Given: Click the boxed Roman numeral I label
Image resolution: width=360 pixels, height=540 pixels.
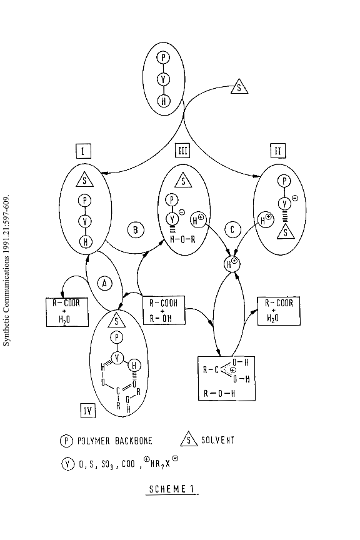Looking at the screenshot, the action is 83,151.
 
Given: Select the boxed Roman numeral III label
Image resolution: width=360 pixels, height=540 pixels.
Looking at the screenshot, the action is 182,151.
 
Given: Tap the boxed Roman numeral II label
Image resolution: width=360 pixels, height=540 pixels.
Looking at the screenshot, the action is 277,151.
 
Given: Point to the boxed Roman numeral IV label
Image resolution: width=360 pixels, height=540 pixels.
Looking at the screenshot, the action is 87,411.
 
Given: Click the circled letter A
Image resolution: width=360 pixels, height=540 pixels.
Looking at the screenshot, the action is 105,283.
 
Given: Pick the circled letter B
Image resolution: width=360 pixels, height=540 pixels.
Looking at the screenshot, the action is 136,230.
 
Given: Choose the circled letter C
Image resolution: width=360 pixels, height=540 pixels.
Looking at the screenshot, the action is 232,230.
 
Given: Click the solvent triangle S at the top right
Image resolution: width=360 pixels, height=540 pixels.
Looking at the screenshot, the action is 239,87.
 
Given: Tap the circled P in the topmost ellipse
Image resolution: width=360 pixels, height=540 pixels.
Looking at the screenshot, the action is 163,57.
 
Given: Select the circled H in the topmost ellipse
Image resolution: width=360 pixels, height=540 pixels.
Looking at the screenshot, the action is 164,101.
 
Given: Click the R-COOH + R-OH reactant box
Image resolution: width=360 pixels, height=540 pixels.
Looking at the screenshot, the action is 164,310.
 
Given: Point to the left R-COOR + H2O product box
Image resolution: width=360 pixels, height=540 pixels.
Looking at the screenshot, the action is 67,312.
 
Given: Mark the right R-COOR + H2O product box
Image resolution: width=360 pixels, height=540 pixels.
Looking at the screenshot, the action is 279,311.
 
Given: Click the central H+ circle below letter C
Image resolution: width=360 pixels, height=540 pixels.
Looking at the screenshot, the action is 232,264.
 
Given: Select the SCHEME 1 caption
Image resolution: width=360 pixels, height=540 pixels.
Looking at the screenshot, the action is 172,489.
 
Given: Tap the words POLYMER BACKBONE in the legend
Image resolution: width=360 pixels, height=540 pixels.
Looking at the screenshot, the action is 115,441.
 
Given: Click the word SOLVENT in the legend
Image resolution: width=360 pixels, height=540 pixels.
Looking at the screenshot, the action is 217,440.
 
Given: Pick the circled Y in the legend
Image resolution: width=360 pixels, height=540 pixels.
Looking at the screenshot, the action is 67,464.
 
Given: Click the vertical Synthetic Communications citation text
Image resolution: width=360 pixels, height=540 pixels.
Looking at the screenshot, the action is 6,271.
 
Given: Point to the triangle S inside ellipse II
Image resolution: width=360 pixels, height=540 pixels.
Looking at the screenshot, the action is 286,232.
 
